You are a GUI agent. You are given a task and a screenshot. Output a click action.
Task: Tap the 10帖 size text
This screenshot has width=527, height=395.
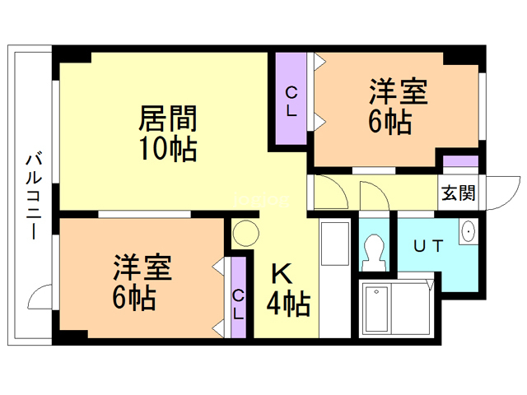[167, 150]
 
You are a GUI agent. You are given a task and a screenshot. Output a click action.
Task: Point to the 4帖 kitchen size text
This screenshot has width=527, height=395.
[287, 305]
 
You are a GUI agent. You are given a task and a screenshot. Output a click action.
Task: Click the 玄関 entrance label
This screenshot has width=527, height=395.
[457, 193]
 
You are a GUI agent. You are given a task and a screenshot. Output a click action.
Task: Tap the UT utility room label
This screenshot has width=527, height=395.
[429, 244]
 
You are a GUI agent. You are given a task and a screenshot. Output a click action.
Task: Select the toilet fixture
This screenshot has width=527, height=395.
[375, 249]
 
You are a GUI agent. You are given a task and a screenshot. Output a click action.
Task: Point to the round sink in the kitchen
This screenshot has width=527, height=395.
[245, 234]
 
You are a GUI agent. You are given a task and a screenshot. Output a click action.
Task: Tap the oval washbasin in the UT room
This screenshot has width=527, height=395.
[469, 232]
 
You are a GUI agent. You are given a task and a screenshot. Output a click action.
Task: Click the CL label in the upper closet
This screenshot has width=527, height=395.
[291, 100]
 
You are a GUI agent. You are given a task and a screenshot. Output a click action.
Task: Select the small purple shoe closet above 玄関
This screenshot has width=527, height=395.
[460, 163]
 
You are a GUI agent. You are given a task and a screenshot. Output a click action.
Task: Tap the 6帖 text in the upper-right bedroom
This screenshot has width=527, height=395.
[389, 121]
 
